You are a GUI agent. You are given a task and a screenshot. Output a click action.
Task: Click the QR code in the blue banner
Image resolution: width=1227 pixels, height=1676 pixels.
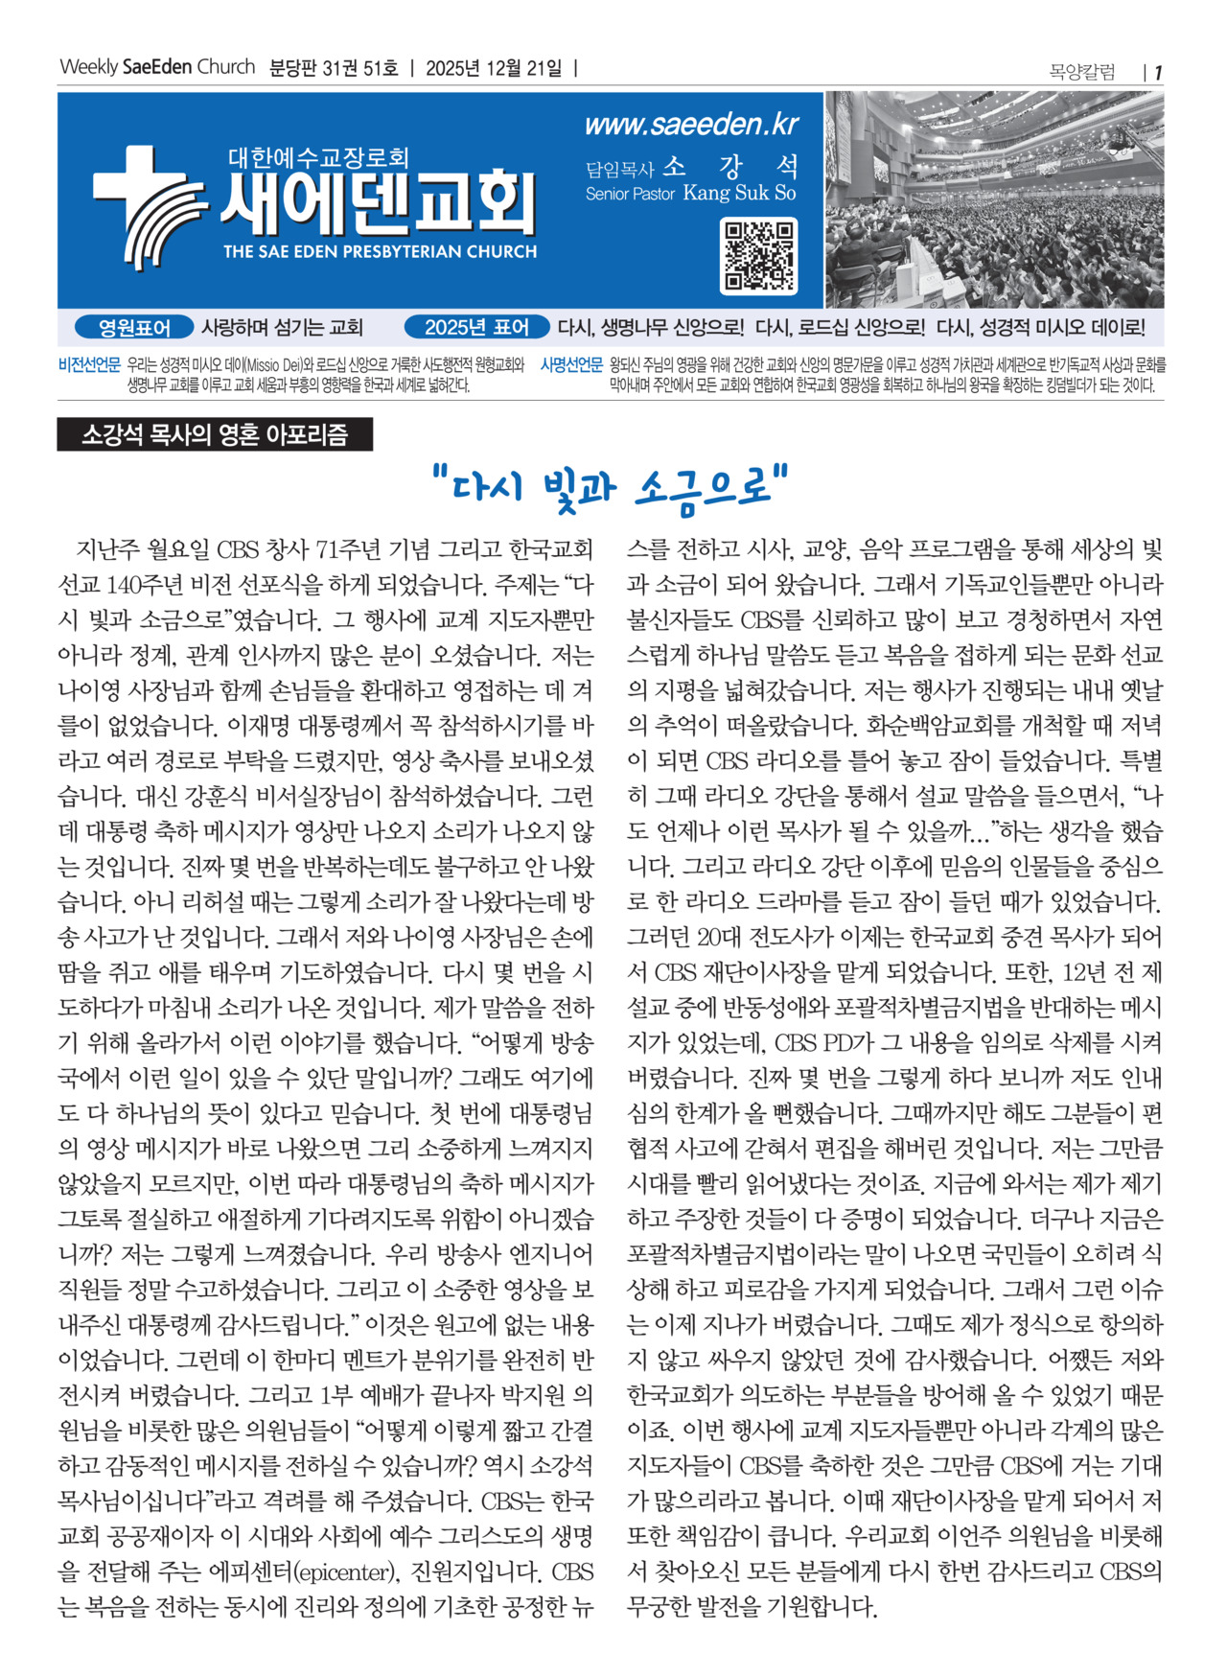tap(759, 256)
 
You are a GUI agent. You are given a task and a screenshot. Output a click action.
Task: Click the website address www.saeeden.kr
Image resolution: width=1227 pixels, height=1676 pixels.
tap(691, 125)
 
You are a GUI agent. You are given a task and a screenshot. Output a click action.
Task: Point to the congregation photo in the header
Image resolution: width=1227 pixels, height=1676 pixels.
tap(994, 199)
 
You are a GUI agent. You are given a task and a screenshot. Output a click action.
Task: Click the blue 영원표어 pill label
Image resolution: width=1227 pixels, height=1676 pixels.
tap(134, 328)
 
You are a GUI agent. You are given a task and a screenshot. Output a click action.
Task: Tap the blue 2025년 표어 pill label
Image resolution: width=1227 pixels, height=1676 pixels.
tap(476, 328)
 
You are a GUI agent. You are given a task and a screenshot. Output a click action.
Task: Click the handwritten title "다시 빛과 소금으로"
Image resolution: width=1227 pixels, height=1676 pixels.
tap(611, 487)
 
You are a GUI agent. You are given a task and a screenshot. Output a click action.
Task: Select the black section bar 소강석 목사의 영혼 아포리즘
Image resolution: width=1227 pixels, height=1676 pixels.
tap(215, 435)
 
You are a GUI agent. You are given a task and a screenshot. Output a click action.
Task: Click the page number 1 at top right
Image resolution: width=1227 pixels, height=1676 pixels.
tap(1158, 72)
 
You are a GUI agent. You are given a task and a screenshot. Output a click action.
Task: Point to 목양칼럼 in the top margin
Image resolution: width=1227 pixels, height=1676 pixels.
tap(1082, 72)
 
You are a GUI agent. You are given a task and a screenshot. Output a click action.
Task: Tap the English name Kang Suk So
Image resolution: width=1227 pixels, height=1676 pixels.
tap(739, 193)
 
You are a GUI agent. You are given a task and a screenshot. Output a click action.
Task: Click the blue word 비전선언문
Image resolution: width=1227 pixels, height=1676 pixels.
tap(89, 365)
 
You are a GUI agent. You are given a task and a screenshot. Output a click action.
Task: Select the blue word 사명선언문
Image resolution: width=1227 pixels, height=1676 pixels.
tap(571, 365)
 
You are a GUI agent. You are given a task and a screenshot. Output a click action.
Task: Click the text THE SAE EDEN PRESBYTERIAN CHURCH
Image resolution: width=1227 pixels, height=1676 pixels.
tap(380, 252)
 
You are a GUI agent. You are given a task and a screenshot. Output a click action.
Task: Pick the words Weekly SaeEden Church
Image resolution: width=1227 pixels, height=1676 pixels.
tap(157, 67)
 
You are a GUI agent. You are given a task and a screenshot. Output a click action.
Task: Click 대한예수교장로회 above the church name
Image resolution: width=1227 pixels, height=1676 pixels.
tap(318, 156)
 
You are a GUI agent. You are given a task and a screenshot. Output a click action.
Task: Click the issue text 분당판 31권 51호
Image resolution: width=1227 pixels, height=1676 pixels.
tap(334, 68)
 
